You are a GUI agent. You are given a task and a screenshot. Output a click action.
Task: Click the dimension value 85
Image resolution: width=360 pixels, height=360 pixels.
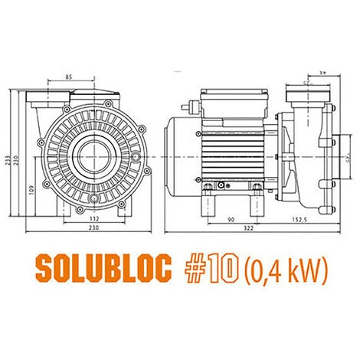pos(69,77)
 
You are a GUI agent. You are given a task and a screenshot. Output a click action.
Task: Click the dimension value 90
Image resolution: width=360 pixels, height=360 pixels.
pos(230,221)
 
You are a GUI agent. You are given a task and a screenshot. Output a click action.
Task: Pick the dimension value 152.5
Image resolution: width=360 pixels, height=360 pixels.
pos(300,221)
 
